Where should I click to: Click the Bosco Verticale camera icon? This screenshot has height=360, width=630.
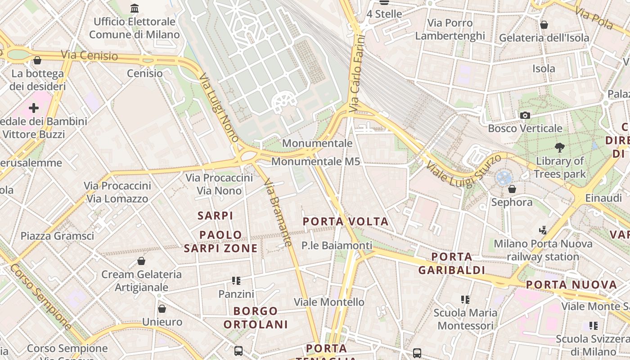click(525, 116)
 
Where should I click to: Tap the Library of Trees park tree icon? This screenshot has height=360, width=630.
click(560, 148)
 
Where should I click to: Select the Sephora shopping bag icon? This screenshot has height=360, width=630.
click(512, 189)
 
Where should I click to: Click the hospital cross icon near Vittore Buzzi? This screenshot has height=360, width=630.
click(34, 108)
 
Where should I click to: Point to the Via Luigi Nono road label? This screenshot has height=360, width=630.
click(219, 108)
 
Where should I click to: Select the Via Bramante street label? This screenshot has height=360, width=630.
click(278, 213)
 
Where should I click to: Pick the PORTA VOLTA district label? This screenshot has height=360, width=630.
click(346, 221)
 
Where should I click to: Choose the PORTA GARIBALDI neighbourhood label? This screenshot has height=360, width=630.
click(452, 263)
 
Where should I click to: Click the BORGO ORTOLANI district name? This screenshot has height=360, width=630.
click(256, 318)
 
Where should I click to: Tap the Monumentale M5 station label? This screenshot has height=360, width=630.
click(316, 161)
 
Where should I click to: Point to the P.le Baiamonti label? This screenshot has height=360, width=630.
click(337, 245)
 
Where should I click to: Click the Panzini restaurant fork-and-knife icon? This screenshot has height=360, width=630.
click(236, 281)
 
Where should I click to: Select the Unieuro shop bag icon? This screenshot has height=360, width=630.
click(162, 309)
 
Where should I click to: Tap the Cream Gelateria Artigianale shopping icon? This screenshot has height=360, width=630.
click(141, 261)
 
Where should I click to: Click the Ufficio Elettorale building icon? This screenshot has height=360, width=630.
click(134, 8)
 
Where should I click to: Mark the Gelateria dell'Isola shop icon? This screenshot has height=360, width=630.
click(544, 25)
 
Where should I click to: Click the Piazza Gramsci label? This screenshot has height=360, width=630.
click(58, 236)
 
